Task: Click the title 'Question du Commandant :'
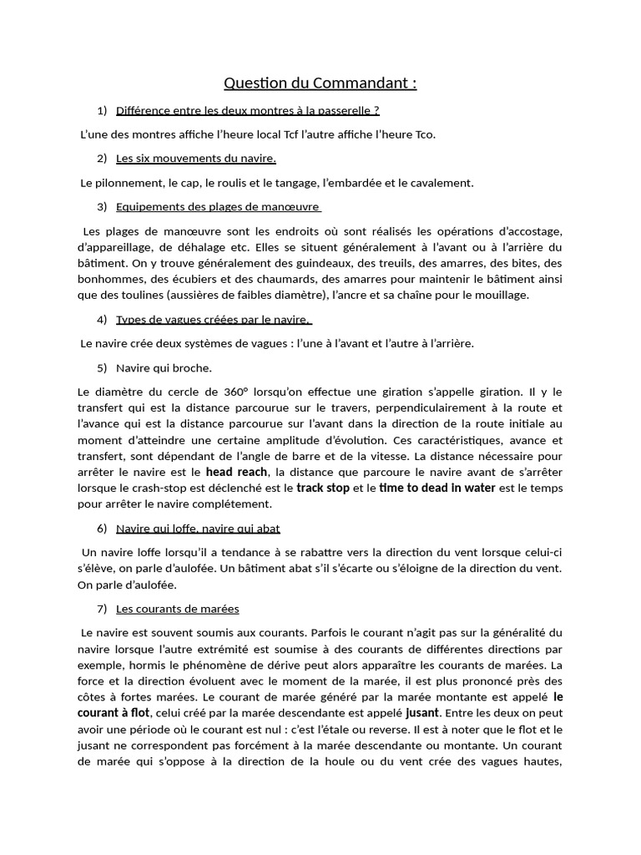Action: click(x=320, y=83)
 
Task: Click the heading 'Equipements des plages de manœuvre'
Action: click(x=219, y=206)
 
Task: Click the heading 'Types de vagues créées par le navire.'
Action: click(x=214, y=319)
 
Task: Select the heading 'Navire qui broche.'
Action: click(x=164, y=367)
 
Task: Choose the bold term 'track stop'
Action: click(x=323, y=488)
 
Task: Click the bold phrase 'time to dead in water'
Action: click(x=437, y=488)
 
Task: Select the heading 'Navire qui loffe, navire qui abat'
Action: click(x=198, y=528)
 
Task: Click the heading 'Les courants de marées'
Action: click(x=178, y=609)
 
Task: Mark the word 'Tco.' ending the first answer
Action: click(x=426, y=134)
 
